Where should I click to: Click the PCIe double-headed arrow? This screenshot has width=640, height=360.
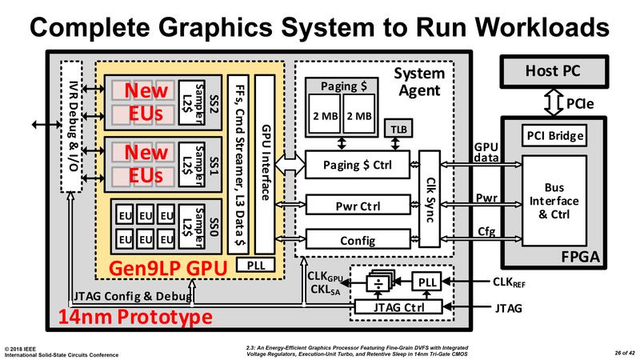[x=551, y=102]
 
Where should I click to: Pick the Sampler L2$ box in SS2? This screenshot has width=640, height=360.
[x=188, y=99]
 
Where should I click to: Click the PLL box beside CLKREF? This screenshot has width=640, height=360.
[x=429, y=282]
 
